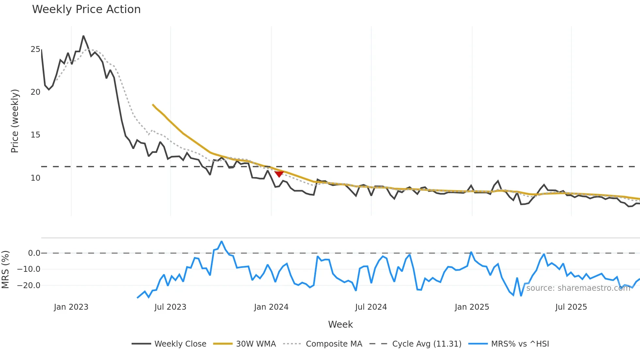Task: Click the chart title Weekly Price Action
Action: point(86,9)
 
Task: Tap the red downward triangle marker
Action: point(279,174)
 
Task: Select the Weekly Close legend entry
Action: point(169,344)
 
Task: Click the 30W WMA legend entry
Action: point(245,344)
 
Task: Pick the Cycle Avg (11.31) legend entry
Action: point(415,344)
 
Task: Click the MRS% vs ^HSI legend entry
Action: point(509,344)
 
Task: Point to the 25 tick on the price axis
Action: point(35,49)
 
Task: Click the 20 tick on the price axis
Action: point(35,92)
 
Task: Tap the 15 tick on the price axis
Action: point(35,135)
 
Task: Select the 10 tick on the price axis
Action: point(35,178)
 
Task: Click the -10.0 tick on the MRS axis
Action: point(29,269)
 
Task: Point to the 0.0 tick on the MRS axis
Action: point(34,253)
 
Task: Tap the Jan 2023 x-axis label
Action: point(71,307)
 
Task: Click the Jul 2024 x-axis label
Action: point(371,307)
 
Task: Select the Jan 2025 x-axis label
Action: point(472,307)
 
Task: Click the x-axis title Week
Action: point(340,324)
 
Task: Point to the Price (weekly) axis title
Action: point(15,121)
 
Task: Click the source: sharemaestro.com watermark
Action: point(578,288)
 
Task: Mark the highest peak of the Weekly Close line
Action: point(83,36)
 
